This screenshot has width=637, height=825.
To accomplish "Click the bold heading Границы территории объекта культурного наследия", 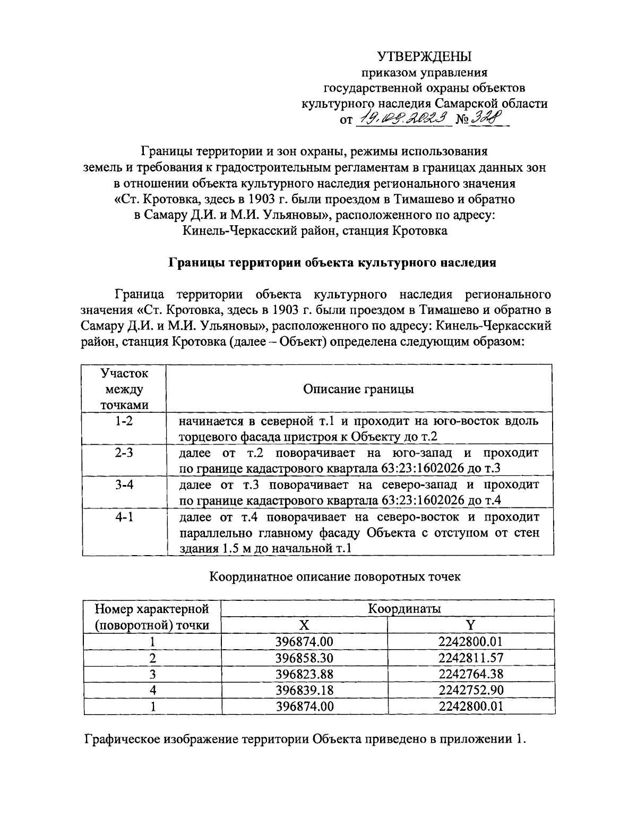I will pyautogui.click(x=332, y=262).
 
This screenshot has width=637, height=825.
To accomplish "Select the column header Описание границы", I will pyautogui.click(x=359, y=389).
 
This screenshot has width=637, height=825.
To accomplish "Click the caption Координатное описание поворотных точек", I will pyautogui.click(x=335, y=576).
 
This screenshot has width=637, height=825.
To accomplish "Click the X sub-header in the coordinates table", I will pyautogui.click(x=304, y=625).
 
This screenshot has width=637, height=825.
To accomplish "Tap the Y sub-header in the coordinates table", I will pyautogui.click(x=470, y=625).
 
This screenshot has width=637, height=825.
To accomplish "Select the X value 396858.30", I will pyautogui.click(x=304, y=658).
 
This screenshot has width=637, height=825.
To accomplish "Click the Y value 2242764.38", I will pyautogui.click(x=471, y=674).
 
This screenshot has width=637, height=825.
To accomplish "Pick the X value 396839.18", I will pyautogui.click(x=304, y=690).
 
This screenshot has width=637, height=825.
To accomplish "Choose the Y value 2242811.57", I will pyautogui.click(x=471, y=658).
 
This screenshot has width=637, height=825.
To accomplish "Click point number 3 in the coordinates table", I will pyautogui.click(x=152, y=674).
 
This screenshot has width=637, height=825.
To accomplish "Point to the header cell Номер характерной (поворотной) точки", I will pyautogui.click(x=152, y=617).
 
